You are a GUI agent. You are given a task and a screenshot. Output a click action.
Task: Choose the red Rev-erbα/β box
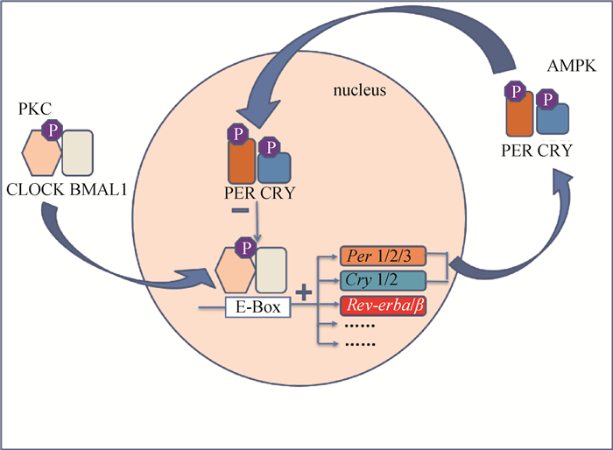pyautogui.click(x=384, y=306)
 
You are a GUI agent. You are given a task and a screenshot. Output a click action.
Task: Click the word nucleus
pyautogui.click(x=358, y=91)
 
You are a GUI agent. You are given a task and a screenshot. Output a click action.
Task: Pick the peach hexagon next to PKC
pyautogui.click(x=40, y=152)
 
